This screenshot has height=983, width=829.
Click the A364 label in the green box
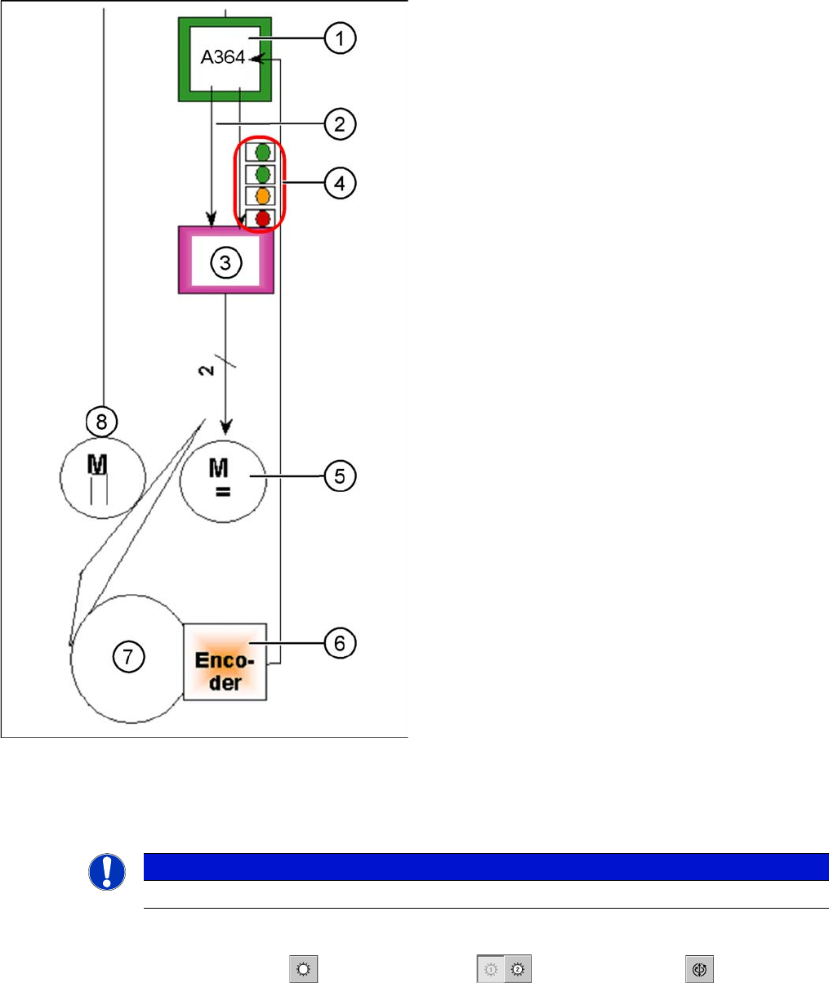pos(223,60)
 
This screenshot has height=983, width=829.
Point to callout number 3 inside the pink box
pos(225,261)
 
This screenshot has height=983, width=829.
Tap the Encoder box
pos(225,660)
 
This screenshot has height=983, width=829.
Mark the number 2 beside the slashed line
pos(208,370)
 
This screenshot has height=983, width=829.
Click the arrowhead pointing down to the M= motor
pos(227,427)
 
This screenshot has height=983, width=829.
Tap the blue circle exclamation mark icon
pos(106,873)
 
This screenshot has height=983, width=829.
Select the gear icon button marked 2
pos(515,966)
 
